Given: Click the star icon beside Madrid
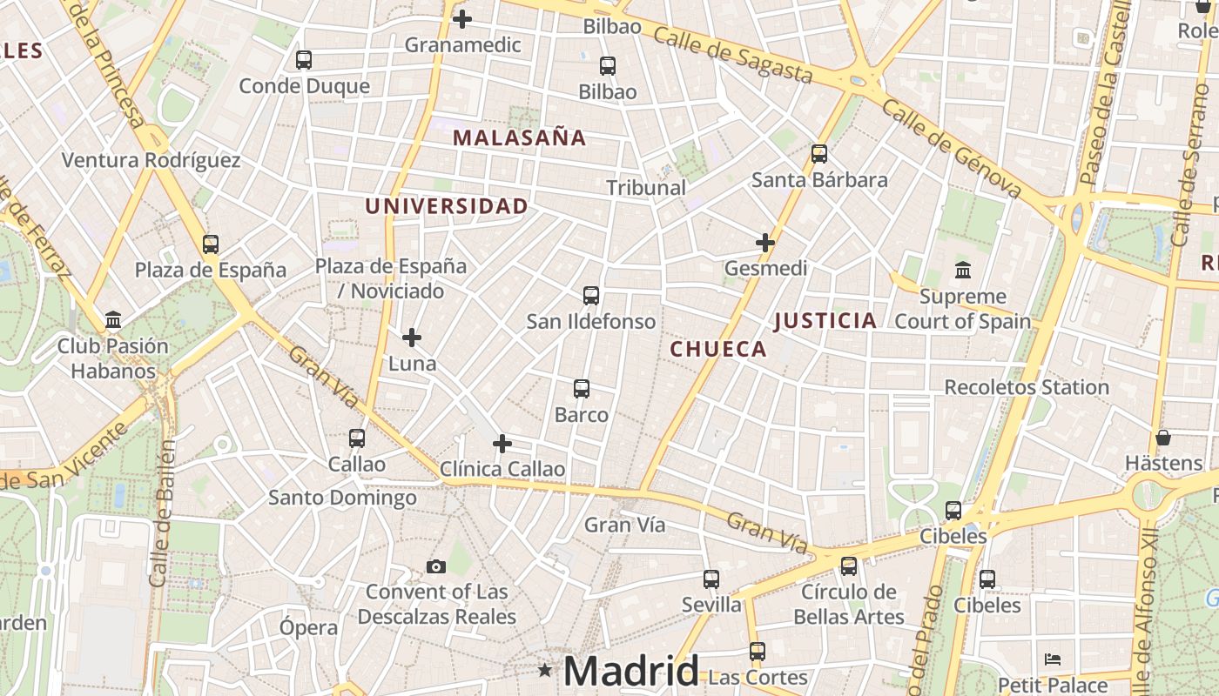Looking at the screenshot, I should coord(545,670).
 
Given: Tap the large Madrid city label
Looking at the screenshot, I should coord(630,671).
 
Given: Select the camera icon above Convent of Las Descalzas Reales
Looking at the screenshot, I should coord(436,567).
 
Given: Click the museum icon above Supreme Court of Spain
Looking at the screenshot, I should coord(963,271).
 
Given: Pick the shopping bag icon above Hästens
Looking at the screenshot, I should coord(1163,438).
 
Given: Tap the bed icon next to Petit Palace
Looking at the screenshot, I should coord(1053,659).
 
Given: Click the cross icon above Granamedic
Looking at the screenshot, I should coord(462,18).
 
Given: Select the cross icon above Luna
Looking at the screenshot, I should coord(412,337).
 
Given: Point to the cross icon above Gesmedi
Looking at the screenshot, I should coord(765,243).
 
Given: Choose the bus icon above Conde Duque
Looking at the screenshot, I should coord(304,60).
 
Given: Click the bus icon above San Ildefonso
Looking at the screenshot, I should coord(591,296).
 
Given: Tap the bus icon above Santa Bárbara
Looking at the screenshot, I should coord(819,154).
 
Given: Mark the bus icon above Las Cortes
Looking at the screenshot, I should coord(758,651).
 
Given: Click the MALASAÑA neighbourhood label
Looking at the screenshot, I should coord(519,137).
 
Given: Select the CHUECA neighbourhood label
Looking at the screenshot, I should coord(718,350).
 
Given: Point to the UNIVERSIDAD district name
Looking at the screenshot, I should coord(446,206).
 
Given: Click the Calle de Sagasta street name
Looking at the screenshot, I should coord(731,54).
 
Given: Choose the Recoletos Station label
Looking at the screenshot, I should coord(1027,387).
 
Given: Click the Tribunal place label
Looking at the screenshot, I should coord(646,187).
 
